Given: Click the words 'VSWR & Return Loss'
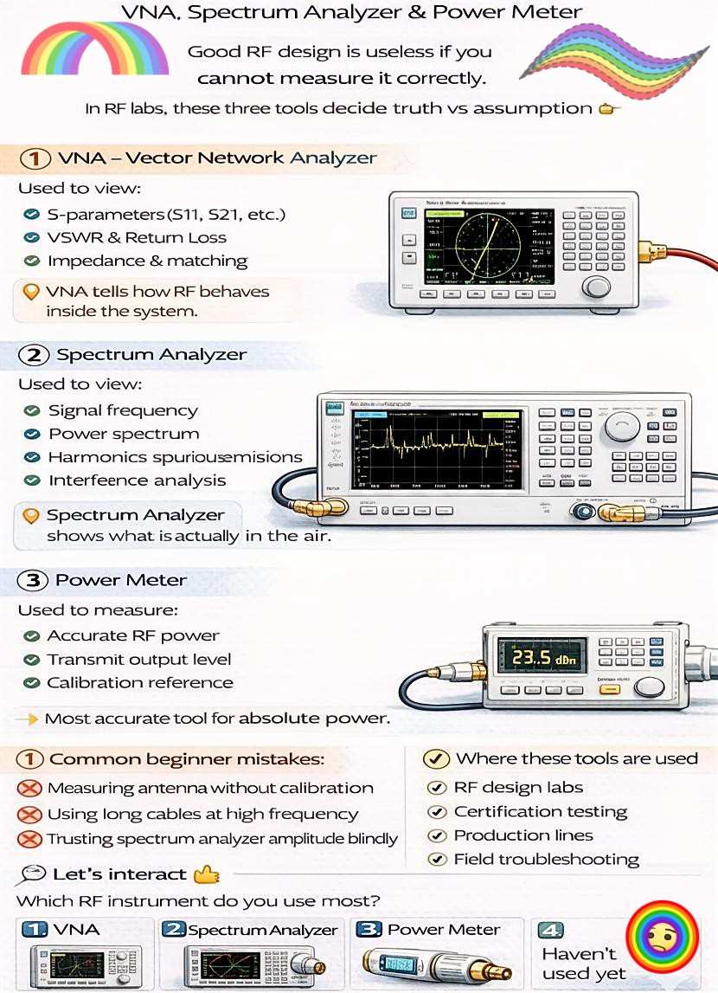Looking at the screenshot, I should [x=137, y=237].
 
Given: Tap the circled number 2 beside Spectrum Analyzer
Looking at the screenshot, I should [x=34, y=355].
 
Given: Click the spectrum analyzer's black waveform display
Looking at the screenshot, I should [x=438, y=448].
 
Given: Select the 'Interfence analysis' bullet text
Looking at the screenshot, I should [x=137, y=480].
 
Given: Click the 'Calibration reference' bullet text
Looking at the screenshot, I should [x=139, y=682].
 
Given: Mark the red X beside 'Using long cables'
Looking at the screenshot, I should [x=30, y=815].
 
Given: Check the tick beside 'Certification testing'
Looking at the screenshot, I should [x=438, y=812].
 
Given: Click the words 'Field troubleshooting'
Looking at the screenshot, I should [x=546, y=860].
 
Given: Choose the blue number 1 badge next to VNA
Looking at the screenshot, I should [x=35, y=930].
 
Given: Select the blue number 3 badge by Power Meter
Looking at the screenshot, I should [x=369, y=930].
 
